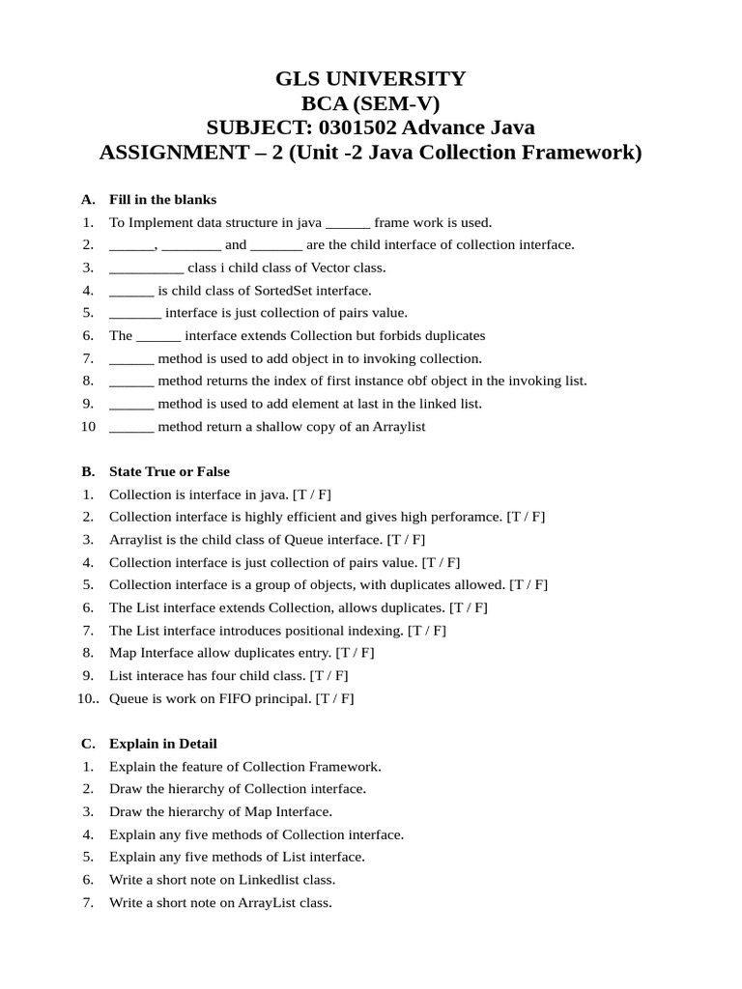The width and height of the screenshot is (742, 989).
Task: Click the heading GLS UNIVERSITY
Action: tap(371, 79)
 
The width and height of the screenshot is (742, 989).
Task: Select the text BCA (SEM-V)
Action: tap(371, 104)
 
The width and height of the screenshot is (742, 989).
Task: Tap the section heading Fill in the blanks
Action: tap(162, 199)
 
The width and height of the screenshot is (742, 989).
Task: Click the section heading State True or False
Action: tap(169, 471)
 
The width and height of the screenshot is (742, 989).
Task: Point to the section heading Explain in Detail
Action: tap(162, 744)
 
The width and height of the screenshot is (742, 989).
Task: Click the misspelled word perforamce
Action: tap(467, 517)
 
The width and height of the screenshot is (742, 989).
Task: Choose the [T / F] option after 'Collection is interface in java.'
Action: tap(311, 494)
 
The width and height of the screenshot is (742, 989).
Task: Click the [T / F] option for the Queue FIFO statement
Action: tap(334, 698)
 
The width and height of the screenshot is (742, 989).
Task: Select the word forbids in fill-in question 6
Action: tap(386, 335)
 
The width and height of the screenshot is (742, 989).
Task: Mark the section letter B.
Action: tap(87, 471)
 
